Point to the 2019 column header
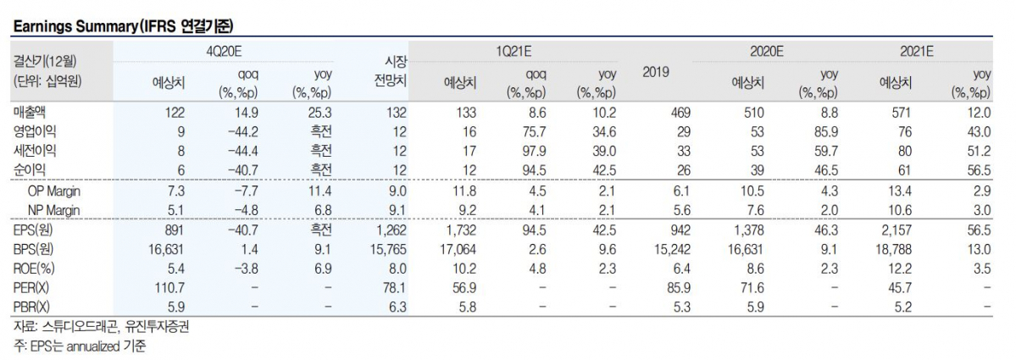tap(656, 73)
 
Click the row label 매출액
tap(30, 113)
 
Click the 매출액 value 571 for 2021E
tap(902, 113)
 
